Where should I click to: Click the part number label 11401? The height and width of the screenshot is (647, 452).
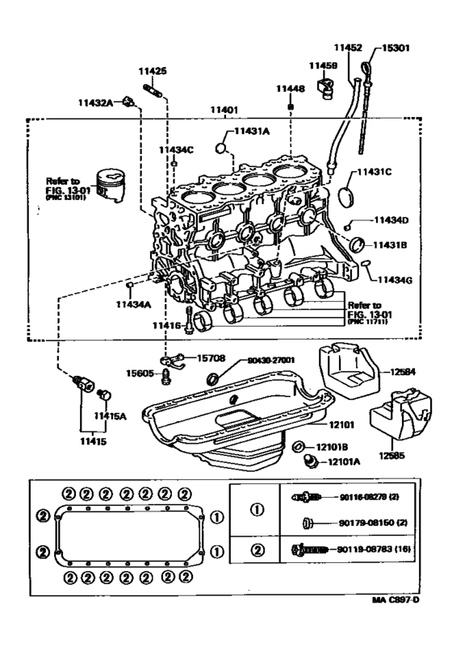click(x=224, y=109)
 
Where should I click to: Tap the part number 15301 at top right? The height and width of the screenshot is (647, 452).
click(x=397, y=47)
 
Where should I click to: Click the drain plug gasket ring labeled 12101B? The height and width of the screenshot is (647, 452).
click(x=298, y=446)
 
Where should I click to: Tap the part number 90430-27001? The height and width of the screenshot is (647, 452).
click(x=267, y=361)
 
